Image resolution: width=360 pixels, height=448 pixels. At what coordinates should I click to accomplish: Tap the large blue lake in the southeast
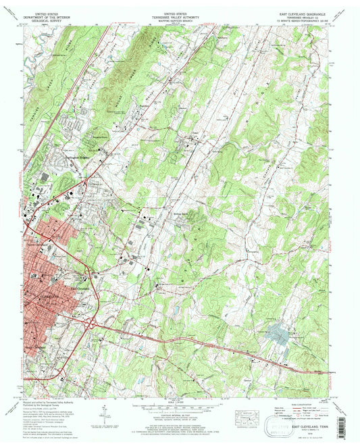click(x=279, y=332)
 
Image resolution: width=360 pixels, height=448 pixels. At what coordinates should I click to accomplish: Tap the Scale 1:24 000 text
click(x=179, y=403)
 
